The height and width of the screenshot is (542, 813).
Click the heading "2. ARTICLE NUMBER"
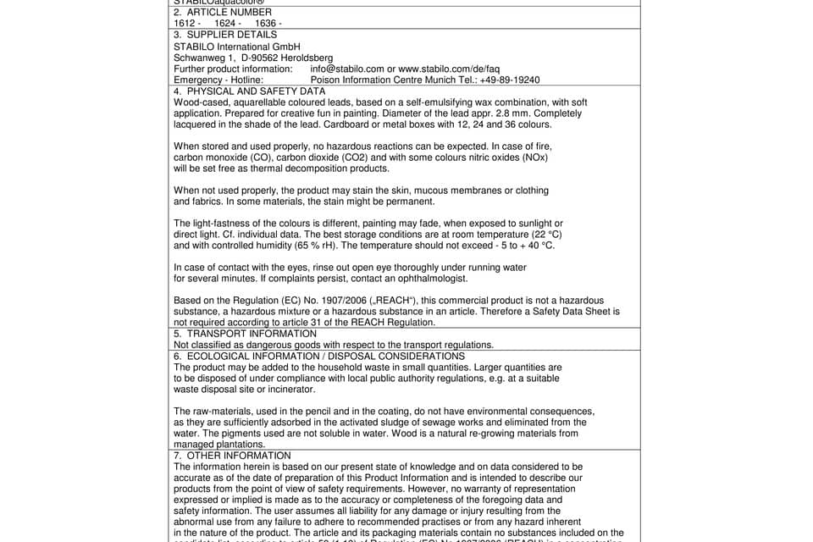(223, 13)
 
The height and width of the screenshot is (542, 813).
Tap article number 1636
(268, 24)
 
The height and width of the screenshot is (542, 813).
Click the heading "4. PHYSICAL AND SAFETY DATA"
(249, 91)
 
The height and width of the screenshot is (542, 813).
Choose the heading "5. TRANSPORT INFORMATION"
(245, 334)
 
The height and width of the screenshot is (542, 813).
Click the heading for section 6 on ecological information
(319, 356)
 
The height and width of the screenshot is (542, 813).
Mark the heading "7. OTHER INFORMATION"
(232, 456)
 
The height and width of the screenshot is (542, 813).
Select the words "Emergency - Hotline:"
(218, 80)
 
